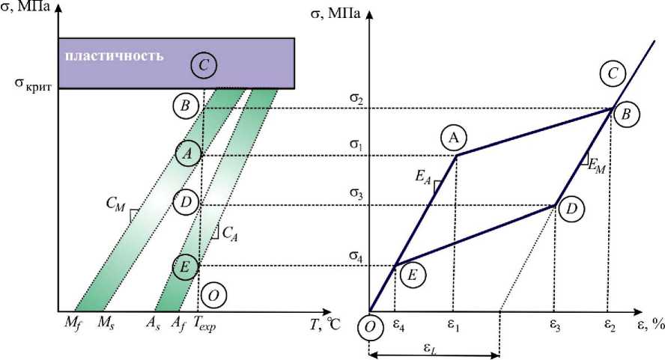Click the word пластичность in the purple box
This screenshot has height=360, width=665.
(x=113, y=57)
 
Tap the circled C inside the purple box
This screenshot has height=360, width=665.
(x=203, y=65)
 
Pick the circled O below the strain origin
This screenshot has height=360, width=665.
(x=370, y=331)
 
